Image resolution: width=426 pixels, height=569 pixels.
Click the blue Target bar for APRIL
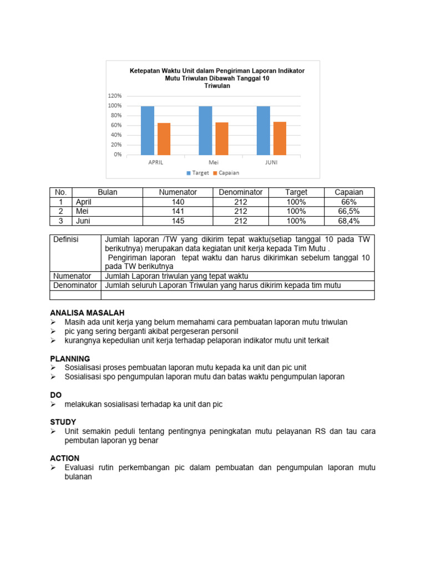(148, 130)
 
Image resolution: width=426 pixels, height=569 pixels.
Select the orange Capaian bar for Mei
(222, 138)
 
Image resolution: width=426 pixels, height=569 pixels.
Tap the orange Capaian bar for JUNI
(280, 138)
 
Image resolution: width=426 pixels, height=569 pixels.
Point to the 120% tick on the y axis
(115, 96)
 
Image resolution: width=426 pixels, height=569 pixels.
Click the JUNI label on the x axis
(271, 163)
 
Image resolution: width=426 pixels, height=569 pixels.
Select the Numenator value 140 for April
(177, 202)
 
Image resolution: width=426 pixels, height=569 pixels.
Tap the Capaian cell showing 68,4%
(349, 221)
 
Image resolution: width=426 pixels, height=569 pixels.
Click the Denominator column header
(240, 192)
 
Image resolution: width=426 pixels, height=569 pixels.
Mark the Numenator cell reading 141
(177, 211)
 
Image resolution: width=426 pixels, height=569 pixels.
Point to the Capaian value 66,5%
(349, 211)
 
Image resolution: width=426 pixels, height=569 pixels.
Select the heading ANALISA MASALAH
(87, 313)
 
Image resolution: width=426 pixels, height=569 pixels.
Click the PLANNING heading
(70, 358)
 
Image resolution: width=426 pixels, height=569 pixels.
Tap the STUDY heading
(63, 422)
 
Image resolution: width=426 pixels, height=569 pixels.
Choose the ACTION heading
(65, 458)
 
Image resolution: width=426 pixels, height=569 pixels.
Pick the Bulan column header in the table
(107, 192)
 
